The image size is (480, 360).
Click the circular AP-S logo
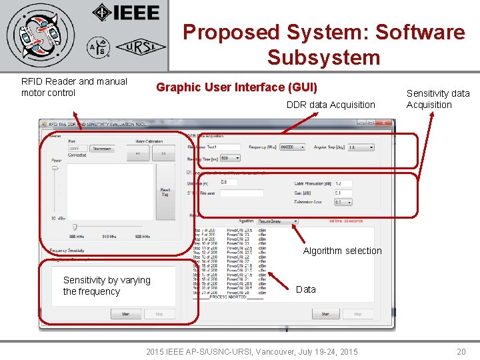pyautogui.click(x=97, y=47)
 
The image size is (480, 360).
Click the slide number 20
pyautogui.click(x=461, y=351)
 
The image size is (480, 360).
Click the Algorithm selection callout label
pyautogui.click(x=342, y=251)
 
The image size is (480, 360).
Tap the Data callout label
pyautogui.click(x=305, y=289)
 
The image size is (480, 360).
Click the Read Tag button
pyautogui.click(x=165, y=192)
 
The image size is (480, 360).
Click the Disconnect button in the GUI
pyautogui.click(x=102, y=149)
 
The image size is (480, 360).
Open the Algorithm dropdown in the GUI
pyautogui.click(x=277, y=221)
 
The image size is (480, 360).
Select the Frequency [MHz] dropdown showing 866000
pyautogui.click(x=292, y=147)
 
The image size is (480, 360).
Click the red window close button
pyautogui.click(x=385, y=123)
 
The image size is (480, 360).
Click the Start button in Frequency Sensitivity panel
pyautogui.click(x=125, y=313)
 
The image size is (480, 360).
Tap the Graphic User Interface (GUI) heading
pyautogui.click(x=237, y=87)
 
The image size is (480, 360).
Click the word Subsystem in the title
pyautogui.click(x=323, y=57)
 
